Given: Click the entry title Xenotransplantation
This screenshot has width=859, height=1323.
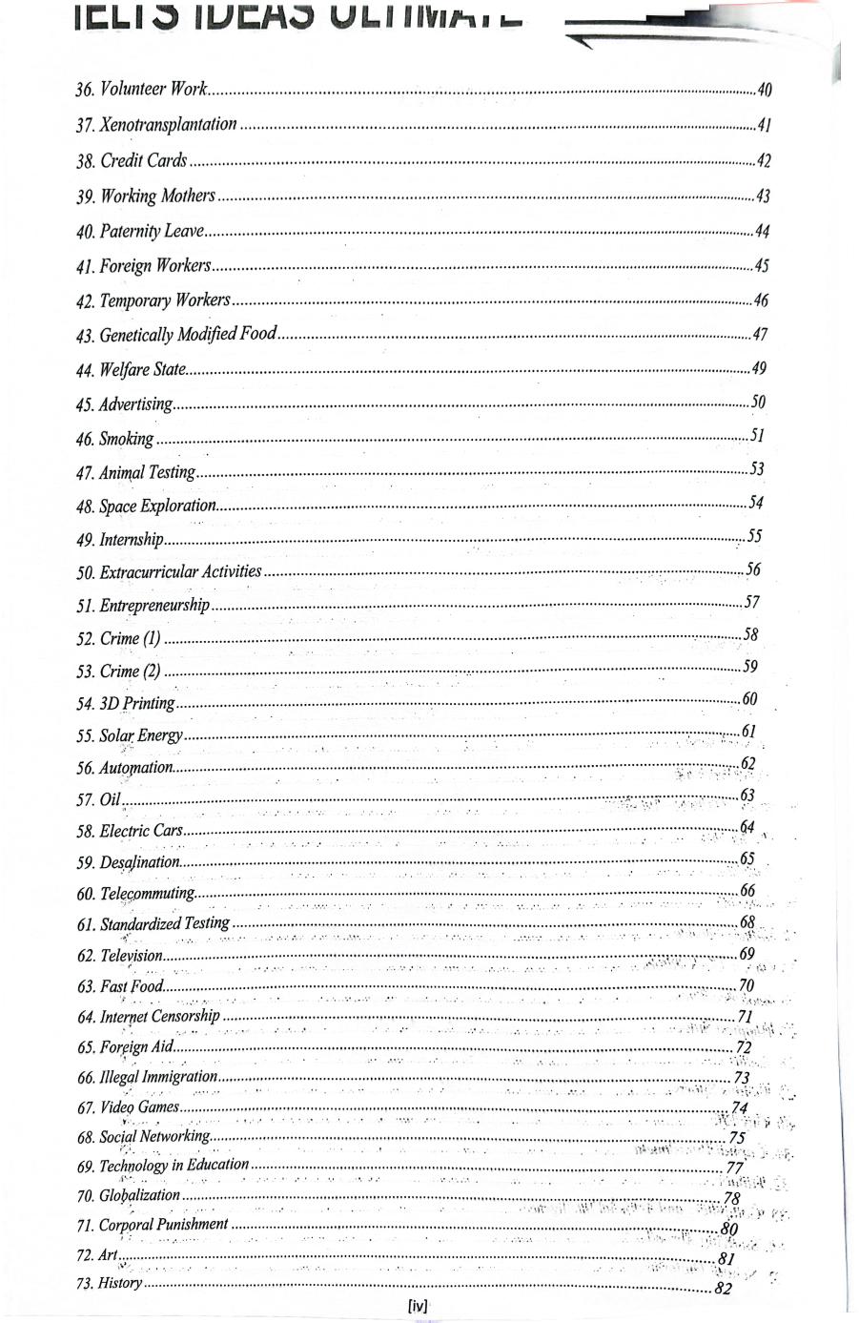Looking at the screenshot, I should [168, 125].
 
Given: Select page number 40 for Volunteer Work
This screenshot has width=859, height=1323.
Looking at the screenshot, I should [763, 91].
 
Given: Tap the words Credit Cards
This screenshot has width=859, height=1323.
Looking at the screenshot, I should [143, 160].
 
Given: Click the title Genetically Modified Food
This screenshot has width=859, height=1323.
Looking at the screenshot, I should [188, 334].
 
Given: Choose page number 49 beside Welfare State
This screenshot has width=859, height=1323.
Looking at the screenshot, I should [758, 368].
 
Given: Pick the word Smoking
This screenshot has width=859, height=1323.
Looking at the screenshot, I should [126, 439].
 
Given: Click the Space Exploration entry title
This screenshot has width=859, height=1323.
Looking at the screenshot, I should [157, 506].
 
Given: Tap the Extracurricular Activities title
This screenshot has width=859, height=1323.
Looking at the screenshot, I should [180, 571].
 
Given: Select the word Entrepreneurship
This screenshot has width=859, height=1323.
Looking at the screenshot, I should [154, 605].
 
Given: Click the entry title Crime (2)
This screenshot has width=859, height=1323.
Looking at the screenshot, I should [130, 671].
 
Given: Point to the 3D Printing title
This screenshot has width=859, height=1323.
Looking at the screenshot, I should [137, 703].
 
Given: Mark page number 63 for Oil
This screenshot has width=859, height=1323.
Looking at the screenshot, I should [747, 796].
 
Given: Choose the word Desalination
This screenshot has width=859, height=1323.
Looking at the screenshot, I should [139, 862].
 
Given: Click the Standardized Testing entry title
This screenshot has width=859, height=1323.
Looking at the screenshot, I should [164, 922].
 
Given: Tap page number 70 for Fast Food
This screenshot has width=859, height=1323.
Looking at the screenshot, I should [746, 985].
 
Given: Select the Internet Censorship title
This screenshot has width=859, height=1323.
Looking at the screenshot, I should [159, 1016].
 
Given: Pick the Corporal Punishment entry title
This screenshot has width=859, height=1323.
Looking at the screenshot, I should [163, 1224].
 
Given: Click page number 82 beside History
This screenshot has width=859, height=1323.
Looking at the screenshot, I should [723, 1289].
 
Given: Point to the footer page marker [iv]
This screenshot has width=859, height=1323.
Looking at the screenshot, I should [418, 1307].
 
